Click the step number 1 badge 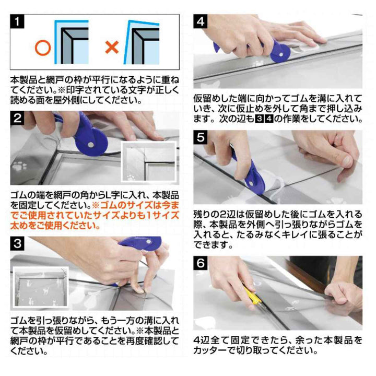pyautogui.click(x=17, y=21)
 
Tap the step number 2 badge pyautogui.click(x=17, y=118)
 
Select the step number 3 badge pyautogui.click(x=17, y=244)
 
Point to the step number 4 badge pyautogui.click(x=201, y=21)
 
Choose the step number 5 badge pyautogui.click(x=201, y=138)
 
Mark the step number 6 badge pyautogui.click(x=201, y=263)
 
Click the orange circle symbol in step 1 pyautogui.click(x=43, y=48)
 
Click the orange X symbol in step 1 pyautogui.click(x=112, y=47)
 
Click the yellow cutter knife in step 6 pyautogui.click(x=252, y=295)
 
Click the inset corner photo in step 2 pyautogui.click(x=149, y=161)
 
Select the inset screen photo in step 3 pyautogui.click(x=41, y=287)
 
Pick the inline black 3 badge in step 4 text pyautogui.click(x=259, y=119)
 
